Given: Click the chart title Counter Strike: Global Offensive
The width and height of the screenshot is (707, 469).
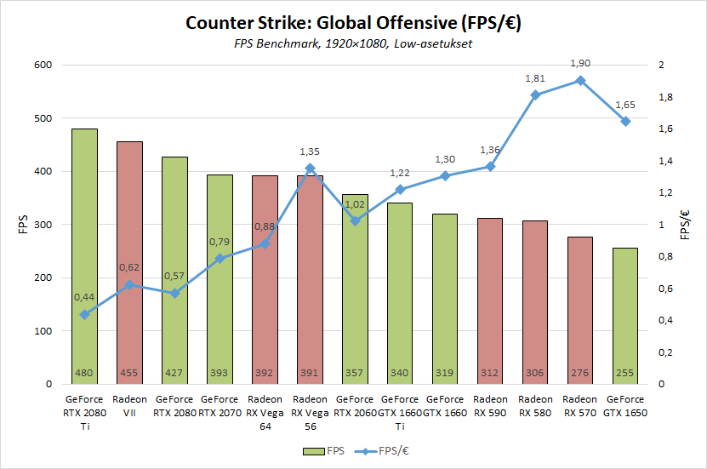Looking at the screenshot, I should click(x=353, y=23).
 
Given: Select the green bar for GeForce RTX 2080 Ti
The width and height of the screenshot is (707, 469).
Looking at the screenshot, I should click(x=84, y=255).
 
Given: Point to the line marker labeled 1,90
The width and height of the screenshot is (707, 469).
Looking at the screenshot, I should click(x=580, y=81).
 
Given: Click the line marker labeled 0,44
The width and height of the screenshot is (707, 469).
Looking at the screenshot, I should click(x=84, y=315).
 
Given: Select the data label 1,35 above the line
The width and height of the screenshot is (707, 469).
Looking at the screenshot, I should click(x=310, y=152).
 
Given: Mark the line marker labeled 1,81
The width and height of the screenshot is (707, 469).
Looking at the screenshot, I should click(x=535, y=95).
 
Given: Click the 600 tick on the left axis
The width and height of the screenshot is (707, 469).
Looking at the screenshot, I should click(x=42, y=66).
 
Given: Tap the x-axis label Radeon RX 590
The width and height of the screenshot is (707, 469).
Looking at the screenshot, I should click(x=490, y=405).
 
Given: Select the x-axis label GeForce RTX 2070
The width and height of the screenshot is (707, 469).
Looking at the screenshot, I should click(x=220, y=405).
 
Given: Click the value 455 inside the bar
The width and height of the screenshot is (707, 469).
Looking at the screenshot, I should click(x=129, y=373).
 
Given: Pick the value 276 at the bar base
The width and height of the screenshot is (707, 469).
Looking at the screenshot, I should click(x=580, y=373).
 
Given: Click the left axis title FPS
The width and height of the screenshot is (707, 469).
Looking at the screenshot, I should click(x=23, y=225).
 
